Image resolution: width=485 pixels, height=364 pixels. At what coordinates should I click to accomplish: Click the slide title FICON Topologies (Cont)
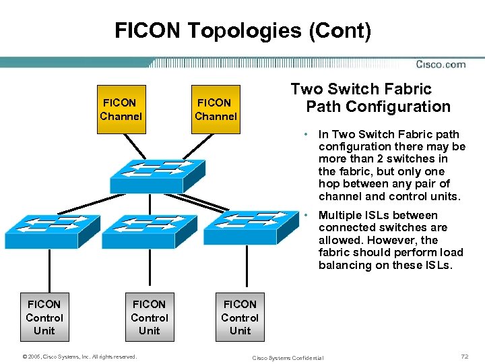pos(243,30)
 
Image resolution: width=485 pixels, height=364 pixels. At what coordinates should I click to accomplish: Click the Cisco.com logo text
pos(441,65)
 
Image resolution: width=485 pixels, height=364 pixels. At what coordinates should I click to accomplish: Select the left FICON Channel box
pos(121,109)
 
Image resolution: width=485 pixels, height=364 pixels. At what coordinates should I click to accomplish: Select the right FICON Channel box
pos(216,109)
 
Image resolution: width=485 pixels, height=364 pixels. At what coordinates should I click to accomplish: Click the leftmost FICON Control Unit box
pos(44,317)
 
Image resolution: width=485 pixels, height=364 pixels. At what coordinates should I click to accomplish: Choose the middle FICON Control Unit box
pos(149,317)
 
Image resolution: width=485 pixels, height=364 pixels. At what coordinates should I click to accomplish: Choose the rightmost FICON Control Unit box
pos(240,317)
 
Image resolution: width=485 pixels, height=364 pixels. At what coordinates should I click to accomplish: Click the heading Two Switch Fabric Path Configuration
pos(370,98)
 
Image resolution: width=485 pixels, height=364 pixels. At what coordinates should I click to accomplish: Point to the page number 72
pos(464,355)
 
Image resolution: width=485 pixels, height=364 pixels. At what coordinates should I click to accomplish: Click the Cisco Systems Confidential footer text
pos(287,357)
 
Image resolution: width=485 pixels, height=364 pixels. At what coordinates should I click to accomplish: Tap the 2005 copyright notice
pos(79,357)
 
